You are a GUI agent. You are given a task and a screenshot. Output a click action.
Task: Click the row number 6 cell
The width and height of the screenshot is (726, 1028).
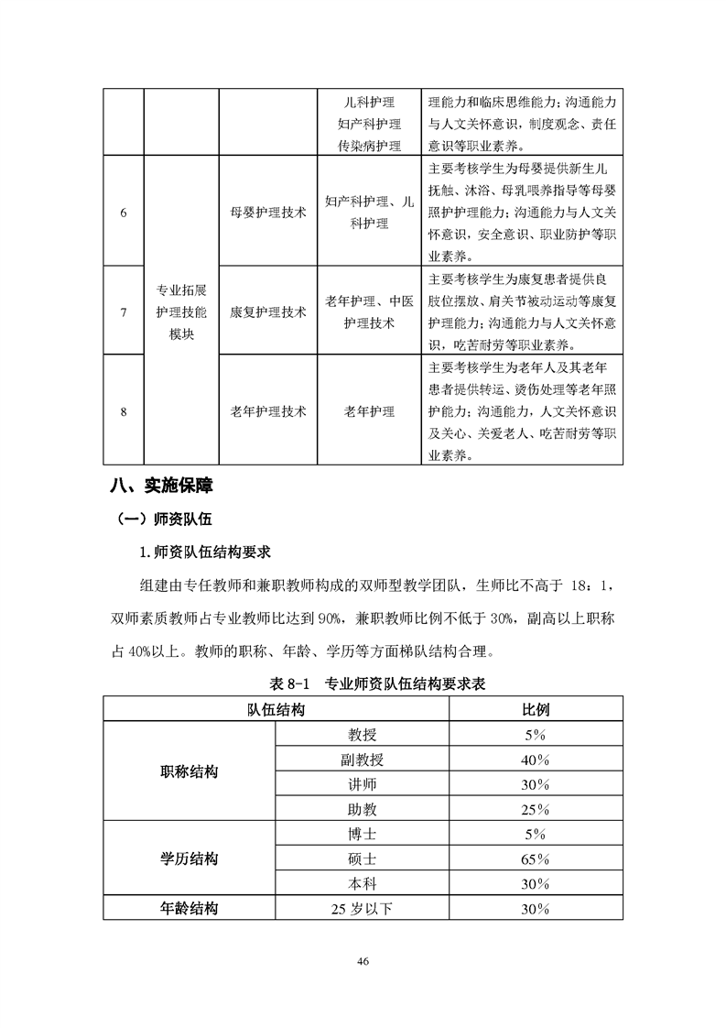(124, 212)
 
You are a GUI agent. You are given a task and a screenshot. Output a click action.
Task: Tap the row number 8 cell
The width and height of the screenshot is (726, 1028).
(124, 411)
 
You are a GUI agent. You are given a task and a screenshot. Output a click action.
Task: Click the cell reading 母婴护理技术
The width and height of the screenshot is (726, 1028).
(268, 212)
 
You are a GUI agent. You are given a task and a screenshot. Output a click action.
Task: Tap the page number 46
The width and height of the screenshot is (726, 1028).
(363, 961)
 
